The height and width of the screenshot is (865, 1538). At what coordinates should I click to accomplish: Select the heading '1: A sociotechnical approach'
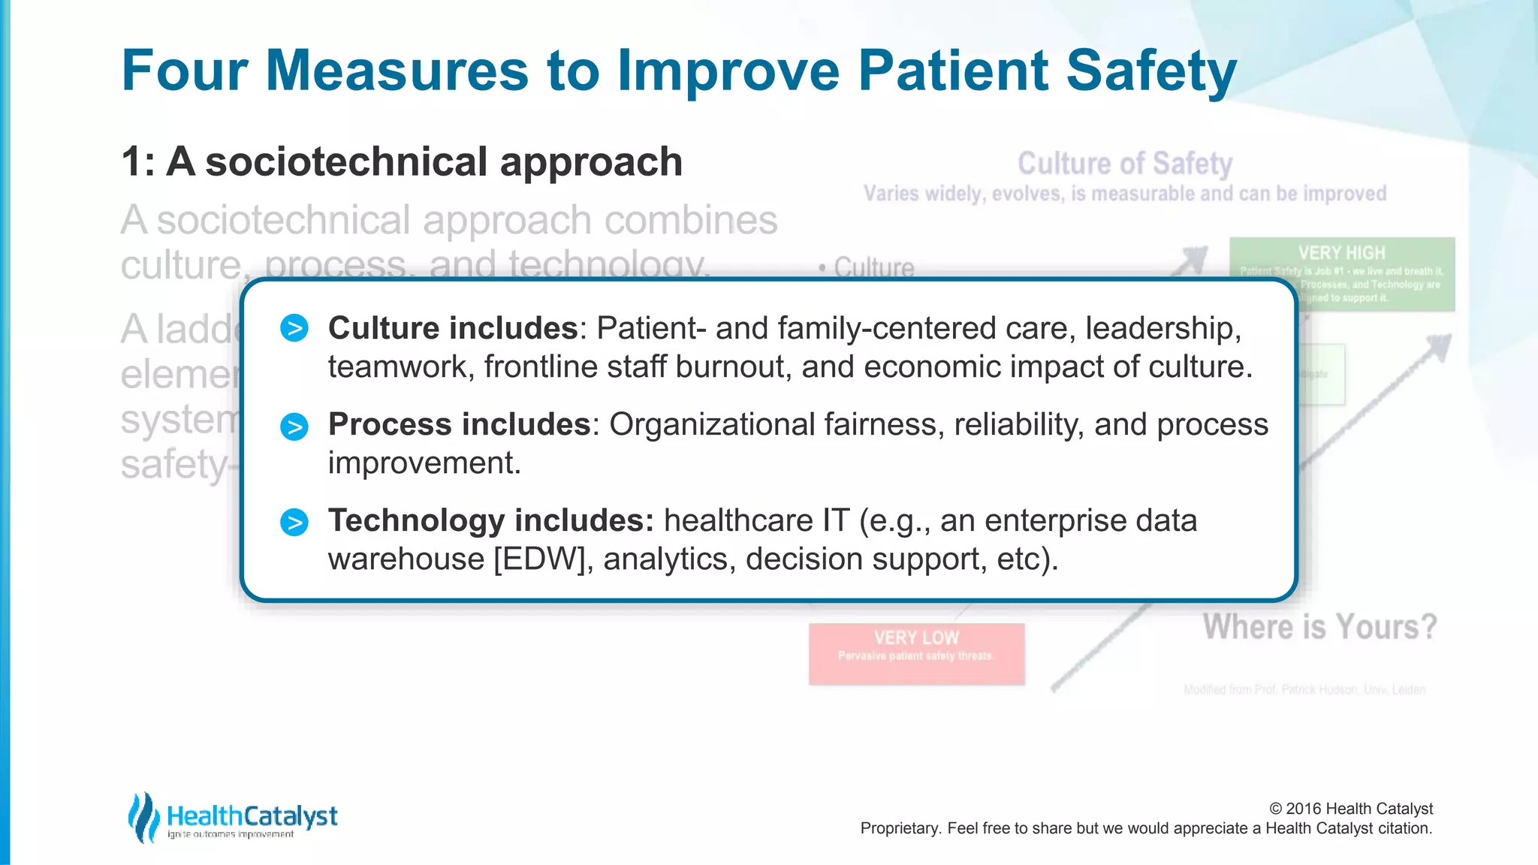point(402,162)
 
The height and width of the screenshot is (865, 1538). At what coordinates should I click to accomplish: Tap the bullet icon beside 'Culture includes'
point(294,328)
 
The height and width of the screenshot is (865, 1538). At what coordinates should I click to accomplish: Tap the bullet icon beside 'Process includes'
point(294,426)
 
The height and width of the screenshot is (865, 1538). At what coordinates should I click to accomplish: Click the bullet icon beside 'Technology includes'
point(294,522)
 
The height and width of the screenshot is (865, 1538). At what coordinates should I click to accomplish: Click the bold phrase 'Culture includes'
point(453,328)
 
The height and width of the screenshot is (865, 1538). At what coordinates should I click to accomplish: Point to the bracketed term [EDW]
point(539,559)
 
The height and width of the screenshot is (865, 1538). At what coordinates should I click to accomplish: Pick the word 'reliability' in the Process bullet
point(1018,425)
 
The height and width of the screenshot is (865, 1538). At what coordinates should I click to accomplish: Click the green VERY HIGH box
point(1341,273)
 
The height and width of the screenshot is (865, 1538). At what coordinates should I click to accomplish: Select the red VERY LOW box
point(916,653)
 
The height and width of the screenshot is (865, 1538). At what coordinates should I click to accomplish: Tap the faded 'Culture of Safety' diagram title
point(1124,164)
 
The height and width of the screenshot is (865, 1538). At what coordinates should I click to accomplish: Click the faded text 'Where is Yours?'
point(1319,627)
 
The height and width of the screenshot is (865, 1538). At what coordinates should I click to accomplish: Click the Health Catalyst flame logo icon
point(143,817)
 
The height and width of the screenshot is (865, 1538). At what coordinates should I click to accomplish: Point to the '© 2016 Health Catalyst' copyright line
point(1350,809)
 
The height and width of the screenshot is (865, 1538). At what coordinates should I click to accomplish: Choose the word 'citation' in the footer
point(1403,828)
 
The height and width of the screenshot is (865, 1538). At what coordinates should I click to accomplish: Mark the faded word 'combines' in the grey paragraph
point(691,220)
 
